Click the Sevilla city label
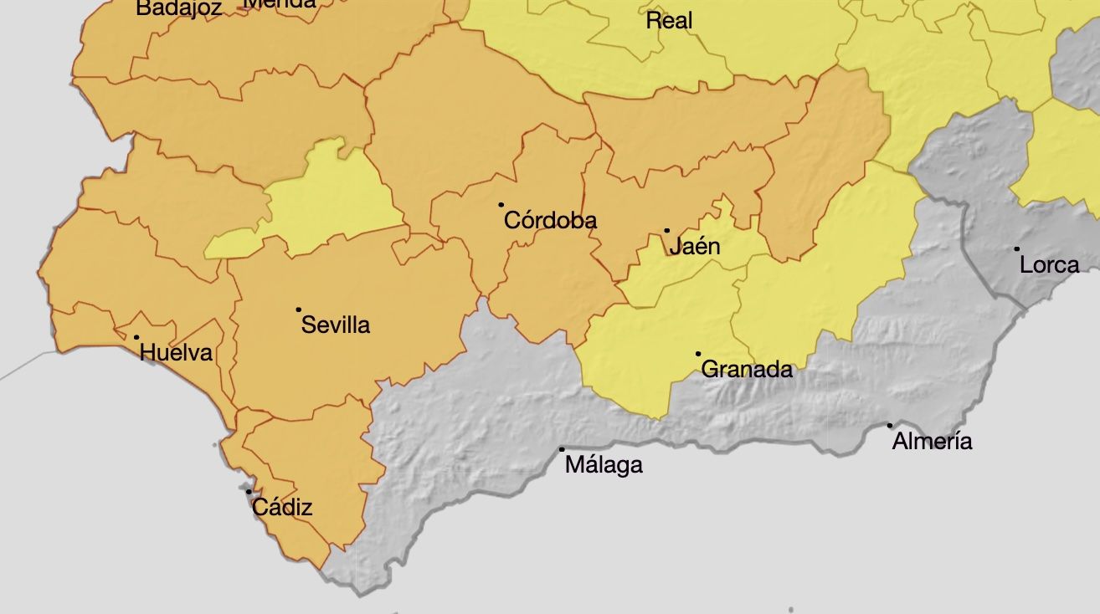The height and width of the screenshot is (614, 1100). point(336,325)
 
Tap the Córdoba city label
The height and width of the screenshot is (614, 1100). point(550,220)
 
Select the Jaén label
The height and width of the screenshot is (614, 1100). point(694,247)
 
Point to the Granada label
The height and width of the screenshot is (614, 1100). point(747,369)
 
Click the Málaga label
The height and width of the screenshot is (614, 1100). point(604,465)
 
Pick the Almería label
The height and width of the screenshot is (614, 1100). point(932,442)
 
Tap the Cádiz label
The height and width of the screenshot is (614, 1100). point(282,507)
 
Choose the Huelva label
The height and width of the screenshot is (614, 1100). point(176,353)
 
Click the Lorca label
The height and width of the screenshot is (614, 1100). point(1049,265)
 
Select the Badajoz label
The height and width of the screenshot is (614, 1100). point(179,8)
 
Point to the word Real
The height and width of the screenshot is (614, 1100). point(669,21)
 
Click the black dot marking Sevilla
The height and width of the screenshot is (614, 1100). point(298,310)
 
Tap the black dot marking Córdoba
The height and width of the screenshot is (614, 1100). point(501,204)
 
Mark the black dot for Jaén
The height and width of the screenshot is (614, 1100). point(667,230)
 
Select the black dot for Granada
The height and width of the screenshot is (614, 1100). point(698,354)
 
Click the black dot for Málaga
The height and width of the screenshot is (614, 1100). point(562,449)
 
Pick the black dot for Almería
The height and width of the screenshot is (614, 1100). point(890,425)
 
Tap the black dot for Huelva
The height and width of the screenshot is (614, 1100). point(136,337)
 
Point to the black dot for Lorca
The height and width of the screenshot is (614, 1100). point(1017,248)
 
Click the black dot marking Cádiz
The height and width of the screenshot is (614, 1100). point(249,492)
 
